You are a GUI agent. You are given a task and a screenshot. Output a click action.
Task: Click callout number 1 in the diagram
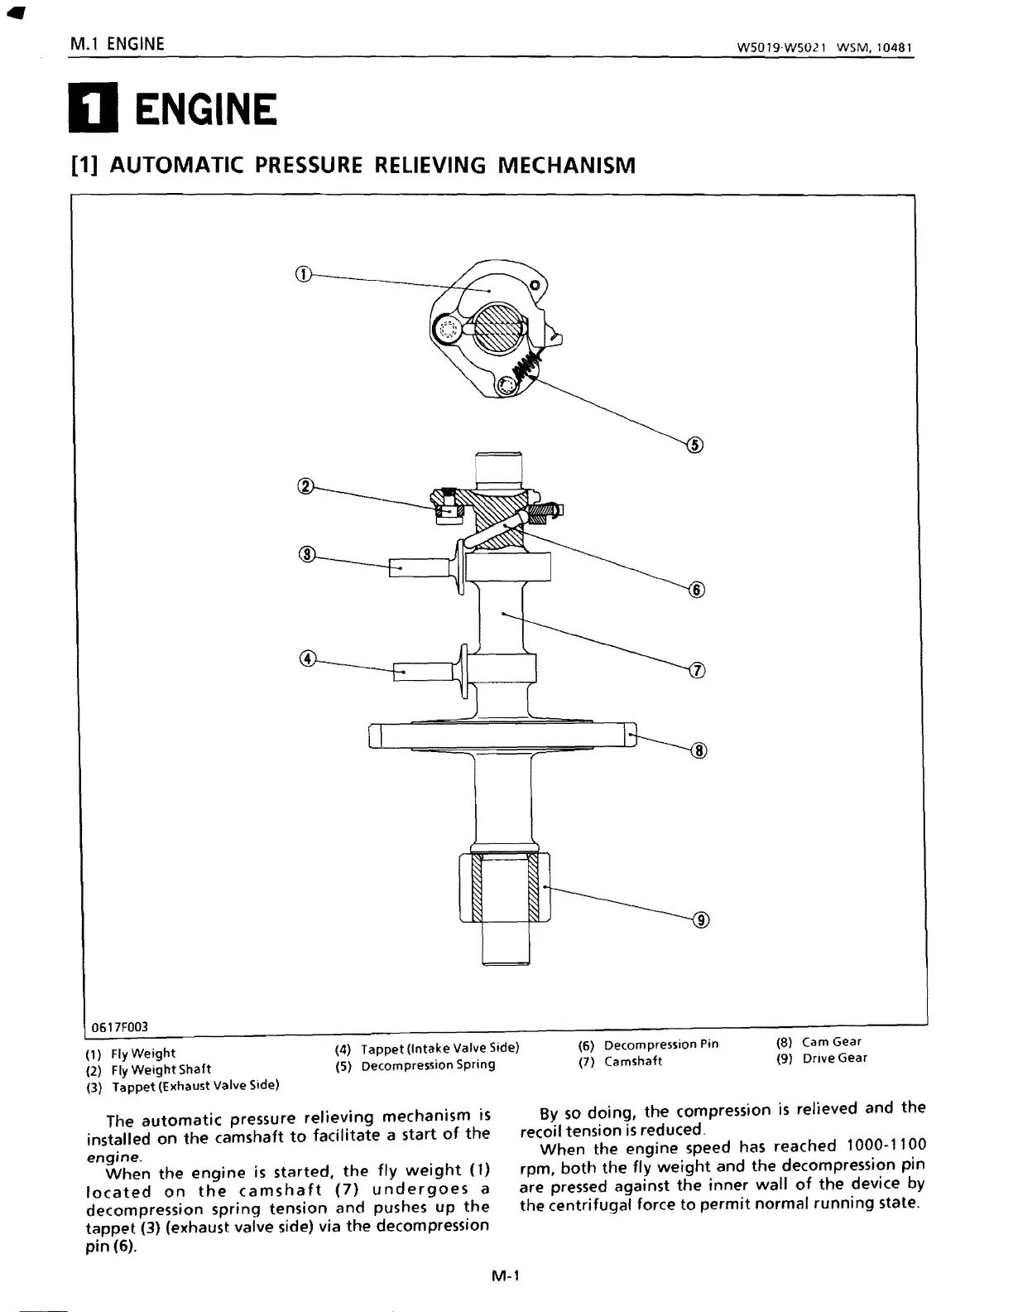[x=304, y=275]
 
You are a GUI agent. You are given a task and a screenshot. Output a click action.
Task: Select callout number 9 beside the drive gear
[x=701, y=920]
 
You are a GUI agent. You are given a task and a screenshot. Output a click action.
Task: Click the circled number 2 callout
[x=305, y=486]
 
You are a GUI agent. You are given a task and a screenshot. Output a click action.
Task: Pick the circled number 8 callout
[x=699, y=751]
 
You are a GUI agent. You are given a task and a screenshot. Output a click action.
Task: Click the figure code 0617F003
[x=119, y=1027]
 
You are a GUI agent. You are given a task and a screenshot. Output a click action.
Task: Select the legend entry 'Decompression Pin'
[x=660, y=1044]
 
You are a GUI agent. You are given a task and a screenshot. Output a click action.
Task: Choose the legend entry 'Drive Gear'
[x=834, y=1058]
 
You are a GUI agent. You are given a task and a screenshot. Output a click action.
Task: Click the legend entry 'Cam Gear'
[x=831, y=1042]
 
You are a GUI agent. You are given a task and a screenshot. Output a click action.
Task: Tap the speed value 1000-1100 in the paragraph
[x=886, y=1146]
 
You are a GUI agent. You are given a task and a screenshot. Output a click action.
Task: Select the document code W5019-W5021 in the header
[x=783, y=47]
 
